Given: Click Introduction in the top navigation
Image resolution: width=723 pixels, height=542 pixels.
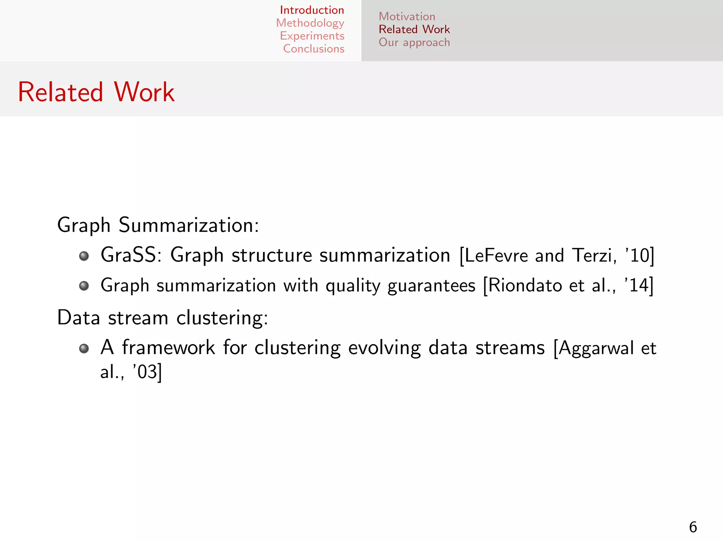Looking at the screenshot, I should tap(312, 10).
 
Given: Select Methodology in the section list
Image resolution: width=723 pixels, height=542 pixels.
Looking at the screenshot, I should tap(310, 23).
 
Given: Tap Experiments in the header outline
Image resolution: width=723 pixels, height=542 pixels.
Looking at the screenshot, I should tap(312, 36).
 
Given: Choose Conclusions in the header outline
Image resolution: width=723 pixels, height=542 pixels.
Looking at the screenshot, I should tap(313, 49).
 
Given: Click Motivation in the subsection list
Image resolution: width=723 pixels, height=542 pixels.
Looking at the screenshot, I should tap(407, 17).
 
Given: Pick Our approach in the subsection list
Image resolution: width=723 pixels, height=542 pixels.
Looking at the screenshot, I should tap(414, 42).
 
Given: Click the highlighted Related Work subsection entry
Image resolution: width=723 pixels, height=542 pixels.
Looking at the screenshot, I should tap(414, 29).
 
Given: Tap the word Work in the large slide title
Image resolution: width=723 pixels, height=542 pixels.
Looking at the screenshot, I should tap(144, 92).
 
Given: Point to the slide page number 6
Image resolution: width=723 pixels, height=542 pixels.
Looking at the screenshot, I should tap(693, 527).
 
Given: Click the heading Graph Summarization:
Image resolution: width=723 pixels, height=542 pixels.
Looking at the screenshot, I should tap(158, 225).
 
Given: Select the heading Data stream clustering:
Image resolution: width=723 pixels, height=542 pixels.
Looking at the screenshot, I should tap(162, 318).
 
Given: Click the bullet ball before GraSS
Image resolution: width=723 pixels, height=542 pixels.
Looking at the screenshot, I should tap(84, 256).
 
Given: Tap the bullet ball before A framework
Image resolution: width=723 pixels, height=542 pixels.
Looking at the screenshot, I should tap(84, 349).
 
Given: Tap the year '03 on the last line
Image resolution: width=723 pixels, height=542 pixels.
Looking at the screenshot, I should tap(145, 372).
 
